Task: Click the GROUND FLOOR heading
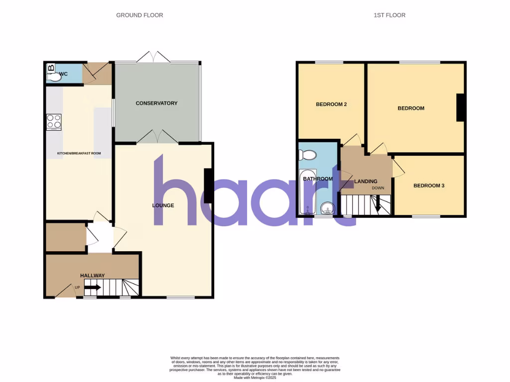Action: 139,15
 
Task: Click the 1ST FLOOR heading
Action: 389,15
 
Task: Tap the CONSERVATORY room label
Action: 156,103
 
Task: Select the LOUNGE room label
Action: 163,205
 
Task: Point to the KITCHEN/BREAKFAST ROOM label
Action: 79,153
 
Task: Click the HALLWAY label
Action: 93,276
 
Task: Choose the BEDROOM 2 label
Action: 331,104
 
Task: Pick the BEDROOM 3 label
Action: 429,186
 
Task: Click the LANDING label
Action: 365,181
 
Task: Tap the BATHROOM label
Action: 318,179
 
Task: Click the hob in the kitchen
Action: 54,122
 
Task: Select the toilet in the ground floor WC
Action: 54,77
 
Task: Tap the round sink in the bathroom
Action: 327,207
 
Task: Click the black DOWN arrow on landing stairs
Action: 377,205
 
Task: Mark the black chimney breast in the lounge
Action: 209,186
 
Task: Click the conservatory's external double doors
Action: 153,57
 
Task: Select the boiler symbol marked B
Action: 51,68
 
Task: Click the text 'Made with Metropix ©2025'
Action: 255,378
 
